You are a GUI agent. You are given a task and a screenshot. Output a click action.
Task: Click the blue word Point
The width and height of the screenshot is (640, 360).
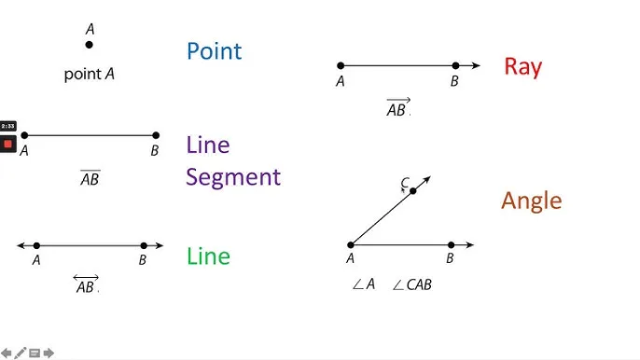pyautogui.click(x=214, y=50)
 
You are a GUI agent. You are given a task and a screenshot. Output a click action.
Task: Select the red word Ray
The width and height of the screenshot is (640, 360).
pyautogui.click(x=522, y=66)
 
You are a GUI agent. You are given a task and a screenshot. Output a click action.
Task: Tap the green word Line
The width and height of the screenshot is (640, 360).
pyautogui.click(x=208, y=256)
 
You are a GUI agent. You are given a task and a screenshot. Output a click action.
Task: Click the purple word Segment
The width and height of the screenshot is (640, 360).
pyautogui.click(x=232, y=177)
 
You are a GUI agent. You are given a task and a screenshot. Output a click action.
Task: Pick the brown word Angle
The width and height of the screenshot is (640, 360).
pyautogui.click(x=531, y=201)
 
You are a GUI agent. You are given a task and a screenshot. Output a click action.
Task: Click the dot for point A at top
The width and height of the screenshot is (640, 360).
pyautogui.click(x=90, y=45)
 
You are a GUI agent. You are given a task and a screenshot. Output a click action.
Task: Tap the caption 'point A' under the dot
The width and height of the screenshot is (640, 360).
pyautogui.click(x=89, y=74)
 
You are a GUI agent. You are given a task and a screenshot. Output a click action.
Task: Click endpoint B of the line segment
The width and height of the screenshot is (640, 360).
pyautogui.click(x=156, y=135)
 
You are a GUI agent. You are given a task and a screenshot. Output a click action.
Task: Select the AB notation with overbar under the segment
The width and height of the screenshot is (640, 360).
pyautogui.click(x=90, y=178)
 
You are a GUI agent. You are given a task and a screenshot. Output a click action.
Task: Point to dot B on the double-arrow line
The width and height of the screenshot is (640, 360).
pyautogui.click(x=144, y=245)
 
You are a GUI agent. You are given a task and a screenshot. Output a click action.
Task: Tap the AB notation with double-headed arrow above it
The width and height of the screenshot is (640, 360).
pyautogui.click(x=86, y=284)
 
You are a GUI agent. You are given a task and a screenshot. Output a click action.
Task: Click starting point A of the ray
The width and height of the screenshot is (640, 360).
pyautogui.click(x=341, y=65)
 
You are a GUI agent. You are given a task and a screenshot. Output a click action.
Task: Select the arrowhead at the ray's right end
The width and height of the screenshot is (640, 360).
pyautogui.click(x=476, y=65)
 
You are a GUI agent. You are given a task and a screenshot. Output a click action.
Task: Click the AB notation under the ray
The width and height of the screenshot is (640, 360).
pyautogui.click(x=397, y=107)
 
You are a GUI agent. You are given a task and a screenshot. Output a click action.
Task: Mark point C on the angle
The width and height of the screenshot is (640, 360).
pyautogui.click(x=413, y=191)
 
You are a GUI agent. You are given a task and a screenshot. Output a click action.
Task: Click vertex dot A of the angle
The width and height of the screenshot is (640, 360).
pyautogui.click(x=351, y=245)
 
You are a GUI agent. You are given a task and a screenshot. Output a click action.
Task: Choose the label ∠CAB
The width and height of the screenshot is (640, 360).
pyautogui.click(x=411, y=284)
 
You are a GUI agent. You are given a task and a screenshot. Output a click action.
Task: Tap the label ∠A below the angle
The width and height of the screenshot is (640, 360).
pyautogui.click(x=363, y=284)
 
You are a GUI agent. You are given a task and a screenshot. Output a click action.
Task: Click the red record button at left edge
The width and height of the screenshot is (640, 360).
pyautogui.click(x=8, y=144)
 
